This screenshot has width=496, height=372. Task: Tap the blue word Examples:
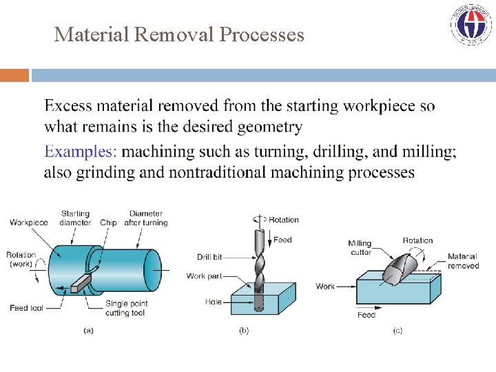[80, 152]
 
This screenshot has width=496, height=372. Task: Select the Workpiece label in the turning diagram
[29, 223]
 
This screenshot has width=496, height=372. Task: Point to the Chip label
[109, 223]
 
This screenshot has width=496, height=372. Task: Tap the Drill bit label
[209, 257]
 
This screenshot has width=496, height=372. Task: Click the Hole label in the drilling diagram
[213, 302]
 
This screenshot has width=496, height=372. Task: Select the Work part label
[204, 276]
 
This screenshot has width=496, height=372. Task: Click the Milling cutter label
[359, 247]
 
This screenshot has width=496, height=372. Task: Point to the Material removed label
[462, 261]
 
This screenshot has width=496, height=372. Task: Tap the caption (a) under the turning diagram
[88, 331]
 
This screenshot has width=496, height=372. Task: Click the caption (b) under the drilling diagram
[244, 331]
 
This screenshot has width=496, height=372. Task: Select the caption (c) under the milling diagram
[397, 331]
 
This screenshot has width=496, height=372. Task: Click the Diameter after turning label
[145, 218]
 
